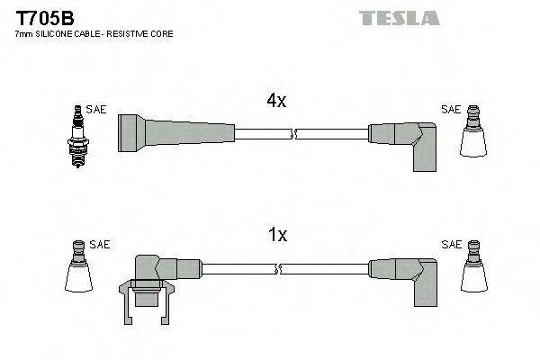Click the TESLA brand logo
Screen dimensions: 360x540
[x=398, y=18]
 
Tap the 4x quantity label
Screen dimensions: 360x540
[x=276, y=102]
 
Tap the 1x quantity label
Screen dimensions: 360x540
[x=278, y=235]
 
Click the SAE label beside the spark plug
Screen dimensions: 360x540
[x=96, y=109]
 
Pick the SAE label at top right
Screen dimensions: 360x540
[x=450, y=109]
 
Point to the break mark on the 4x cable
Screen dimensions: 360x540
[x=292, y=134]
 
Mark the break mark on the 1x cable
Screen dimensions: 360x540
[x=281, y=268]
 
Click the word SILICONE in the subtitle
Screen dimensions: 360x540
[x=55, y=33]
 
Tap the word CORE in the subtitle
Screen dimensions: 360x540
[x=162, y=33]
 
